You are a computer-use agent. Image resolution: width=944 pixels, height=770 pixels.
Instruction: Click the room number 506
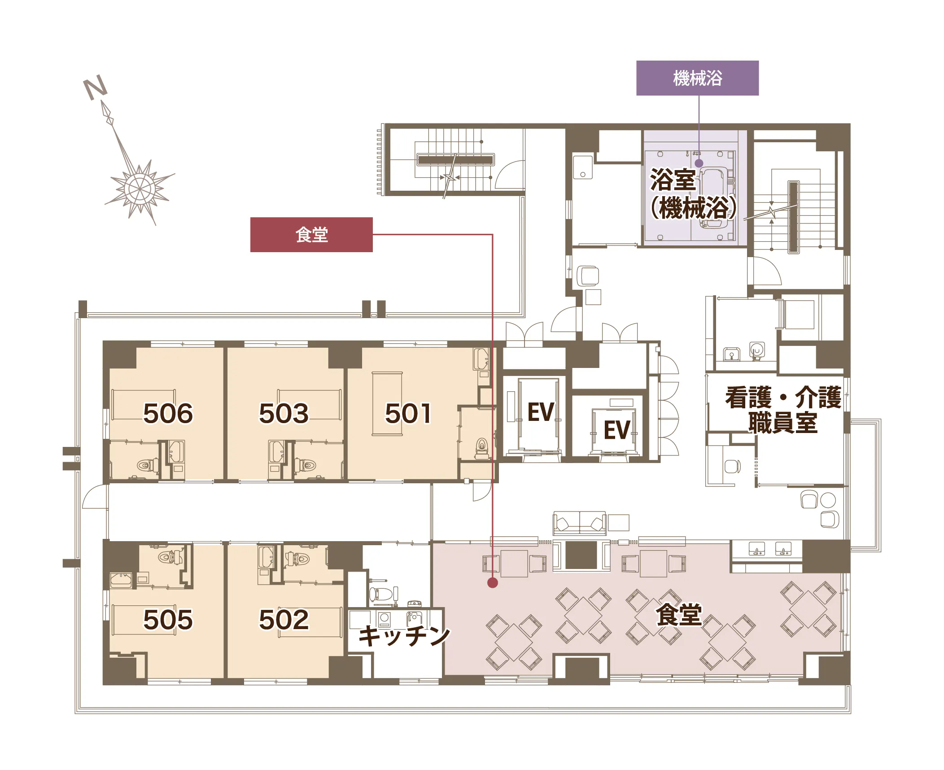(x=168, y=413)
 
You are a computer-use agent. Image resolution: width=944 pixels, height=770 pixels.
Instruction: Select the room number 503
(x=284, y=413)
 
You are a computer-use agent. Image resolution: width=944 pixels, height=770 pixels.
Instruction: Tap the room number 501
(x=408, y=413)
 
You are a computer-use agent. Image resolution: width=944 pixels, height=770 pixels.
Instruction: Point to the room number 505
(x=168, y=620)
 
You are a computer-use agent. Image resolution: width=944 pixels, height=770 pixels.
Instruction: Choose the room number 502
(x=284, y=620)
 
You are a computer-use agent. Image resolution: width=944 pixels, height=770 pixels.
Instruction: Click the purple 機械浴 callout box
(x=697, y=78)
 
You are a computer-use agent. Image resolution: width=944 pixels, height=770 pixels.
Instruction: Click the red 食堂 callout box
(x=311, y=235)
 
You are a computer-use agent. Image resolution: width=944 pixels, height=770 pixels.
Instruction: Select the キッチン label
(x=404, y=635)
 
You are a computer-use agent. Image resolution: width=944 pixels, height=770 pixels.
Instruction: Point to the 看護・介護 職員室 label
(x=783, y=410)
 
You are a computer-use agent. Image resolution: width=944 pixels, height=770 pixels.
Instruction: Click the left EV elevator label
(x=541, y=412)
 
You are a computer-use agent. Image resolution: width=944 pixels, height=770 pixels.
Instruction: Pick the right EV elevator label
(x=617, y=430)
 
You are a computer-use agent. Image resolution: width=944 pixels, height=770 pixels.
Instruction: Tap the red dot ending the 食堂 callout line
(x=493, y=582)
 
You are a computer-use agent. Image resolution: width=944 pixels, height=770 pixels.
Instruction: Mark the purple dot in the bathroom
(x=699, y=164)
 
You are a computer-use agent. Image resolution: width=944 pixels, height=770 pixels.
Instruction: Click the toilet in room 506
(x=147, y=465)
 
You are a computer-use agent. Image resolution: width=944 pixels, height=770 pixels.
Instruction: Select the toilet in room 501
(x=482, y=448)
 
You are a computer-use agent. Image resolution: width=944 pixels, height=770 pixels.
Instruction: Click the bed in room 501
(x=387, y=403)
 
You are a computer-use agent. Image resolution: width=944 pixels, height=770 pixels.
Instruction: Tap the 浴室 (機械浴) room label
(x=693, y=193)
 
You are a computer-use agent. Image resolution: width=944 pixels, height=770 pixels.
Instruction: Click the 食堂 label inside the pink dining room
(x=678, y=615)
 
